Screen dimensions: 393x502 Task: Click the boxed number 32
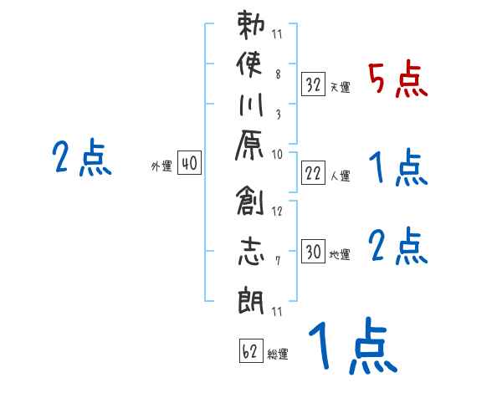[313, 84]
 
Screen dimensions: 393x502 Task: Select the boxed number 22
[313, 173]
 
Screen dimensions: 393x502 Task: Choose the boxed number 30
[313, 252]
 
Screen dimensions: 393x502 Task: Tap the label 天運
[340, 87]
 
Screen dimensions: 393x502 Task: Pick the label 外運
[161, 167]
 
